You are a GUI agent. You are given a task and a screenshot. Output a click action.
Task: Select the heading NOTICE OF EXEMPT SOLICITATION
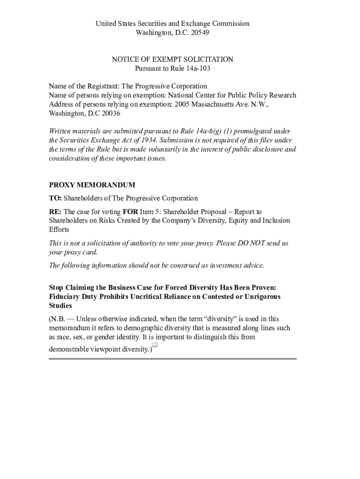[x=172, y=59]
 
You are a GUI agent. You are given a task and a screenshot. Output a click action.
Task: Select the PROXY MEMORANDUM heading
[x=92, y=185]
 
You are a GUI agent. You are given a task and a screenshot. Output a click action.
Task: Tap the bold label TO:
[x=55, y=198]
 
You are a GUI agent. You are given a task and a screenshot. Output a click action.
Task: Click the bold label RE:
[x=55, y=212]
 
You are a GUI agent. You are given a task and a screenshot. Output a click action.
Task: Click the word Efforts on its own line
[x=59, y=230]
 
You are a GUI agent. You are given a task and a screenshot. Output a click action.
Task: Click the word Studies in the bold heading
[x=60, y=305]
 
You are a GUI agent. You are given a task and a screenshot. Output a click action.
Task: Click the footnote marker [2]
[x=155, y=345]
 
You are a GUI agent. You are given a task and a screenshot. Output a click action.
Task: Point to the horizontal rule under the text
[x=173, y=359]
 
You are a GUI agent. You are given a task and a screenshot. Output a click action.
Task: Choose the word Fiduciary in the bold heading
[x=65, y=297]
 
